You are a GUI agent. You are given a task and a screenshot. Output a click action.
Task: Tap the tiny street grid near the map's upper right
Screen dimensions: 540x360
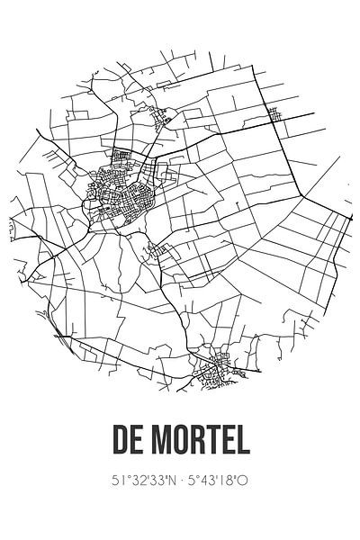point(274,116)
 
